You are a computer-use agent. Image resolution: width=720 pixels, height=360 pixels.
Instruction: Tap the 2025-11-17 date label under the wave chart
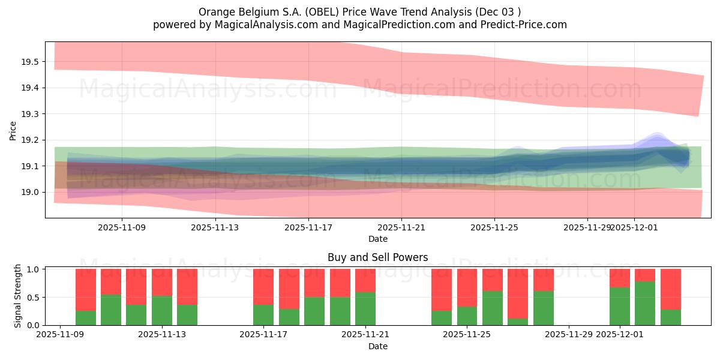(x=308, y=227)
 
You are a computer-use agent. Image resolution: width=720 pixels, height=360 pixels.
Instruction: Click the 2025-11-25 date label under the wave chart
(x=494, y=227)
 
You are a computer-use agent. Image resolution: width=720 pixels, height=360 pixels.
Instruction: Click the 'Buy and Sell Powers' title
(x=377, y=257)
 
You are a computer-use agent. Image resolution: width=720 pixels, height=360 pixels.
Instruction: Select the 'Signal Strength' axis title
(x=18, y=296)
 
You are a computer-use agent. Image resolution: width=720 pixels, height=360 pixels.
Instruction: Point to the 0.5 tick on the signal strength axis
(x=34, y=297)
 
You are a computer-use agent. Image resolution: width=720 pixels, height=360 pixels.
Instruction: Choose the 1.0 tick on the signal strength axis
(x=34, y=269)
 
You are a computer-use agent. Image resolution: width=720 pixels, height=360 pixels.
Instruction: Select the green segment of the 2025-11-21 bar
(x=365, y=308)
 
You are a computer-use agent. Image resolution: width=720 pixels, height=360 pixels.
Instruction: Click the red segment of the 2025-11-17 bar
(x=263, y=287)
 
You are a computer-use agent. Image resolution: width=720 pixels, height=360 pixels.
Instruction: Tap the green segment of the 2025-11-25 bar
(x=493, y=308)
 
